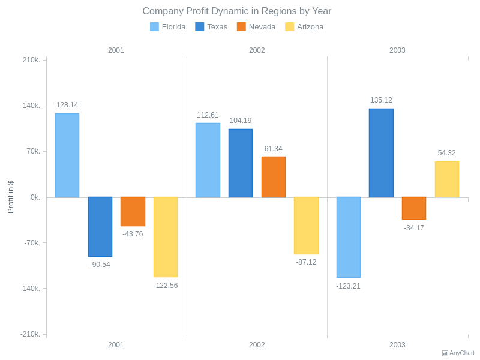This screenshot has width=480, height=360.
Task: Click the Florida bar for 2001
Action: pyautogui.click(x=67, y=155)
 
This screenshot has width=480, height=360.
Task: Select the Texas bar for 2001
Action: pyautogui.click(x=100, y=227)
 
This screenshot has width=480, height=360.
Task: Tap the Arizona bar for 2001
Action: pyautogui.click(x=166, y=237)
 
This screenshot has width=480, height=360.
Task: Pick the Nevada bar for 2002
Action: pyautogui.click(x=274, y=177)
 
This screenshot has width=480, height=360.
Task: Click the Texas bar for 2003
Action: pyautogui.click(x=381, y=153)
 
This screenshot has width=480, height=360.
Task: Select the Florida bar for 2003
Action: pyautogui.click(x=349, y=237)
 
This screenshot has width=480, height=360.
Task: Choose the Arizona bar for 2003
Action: pyautogui.click(x=447, y=179)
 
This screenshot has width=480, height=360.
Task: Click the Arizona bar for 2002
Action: pyautogui.click(x=306, y=226)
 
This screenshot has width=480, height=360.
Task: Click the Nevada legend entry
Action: pyautogui.click(x=256, y=27)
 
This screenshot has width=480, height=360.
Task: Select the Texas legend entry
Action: pyautogui.click(x=211, y=27)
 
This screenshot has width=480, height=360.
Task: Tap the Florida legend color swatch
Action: pyautogui.click(x=154, y=27)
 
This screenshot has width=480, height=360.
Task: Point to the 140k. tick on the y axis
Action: pyautogui.click(x=31, y=106)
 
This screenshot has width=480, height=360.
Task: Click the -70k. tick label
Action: pyautogui.click(x=32, y=243)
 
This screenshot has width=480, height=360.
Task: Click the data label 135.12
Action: pyautogui.click(x=381, y=100)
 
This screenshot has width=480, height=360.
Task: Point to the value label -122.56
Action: pyautogui.click(x=166, y=286)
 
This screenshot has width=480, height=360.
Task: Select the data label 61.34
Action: pyautogui.click(x=274, y=149)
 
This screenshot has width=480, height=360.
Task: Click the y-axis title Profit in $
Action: pyautogui.click(x=10, y=197)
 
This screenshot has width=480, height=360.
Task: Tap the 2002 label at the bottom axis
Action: pyautogui.click(x=257, y=345)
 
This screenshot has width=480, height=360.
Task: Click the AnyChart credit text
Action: pyautogui.click(x=461, y=353)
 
